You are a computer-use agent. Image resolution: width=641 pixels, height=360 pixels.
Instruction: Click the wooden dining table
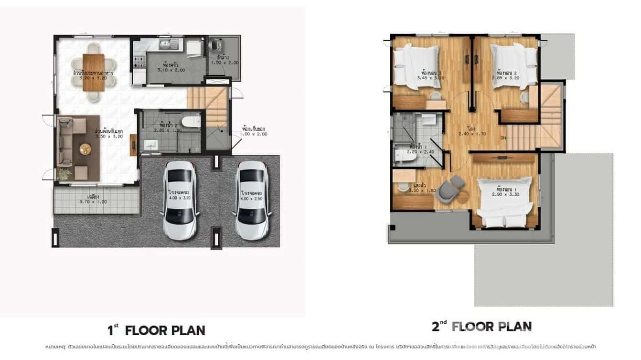[x=94, y=72]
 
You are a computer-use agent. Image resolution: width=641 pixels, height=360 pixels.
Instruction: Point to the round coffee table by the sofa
[x=85, y=149]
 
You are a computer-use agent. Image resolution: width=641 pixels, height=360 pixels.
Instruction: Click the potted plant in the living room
[x=64, y=174]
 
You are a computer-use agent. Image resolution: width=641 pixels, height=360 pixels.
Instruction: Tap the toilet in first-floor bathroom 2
[x=192, y=120]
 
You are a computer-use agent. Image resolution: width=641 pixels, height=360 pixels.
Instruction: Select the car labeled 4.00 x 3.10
[x=180, y=200]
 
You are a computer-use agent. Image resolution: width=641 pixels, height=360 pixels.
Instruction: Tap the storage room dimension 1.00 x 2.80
[x=255, y=134]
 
